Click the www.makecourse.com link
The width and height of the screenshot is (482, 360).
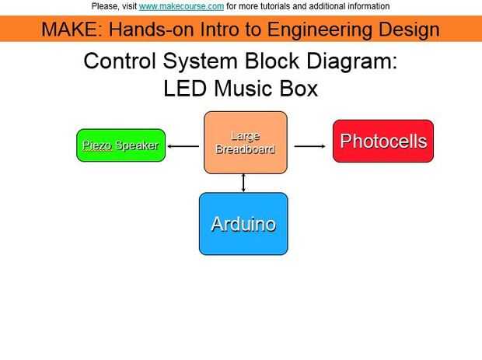[x=181, y=6]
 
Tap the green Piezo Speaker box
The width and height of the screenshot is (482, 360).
[x=120, y=145]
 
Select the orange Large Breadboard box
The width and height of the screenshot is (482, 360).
[x=245, y=142]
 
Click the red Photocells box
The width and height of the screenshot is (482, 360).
[x=382, y=141]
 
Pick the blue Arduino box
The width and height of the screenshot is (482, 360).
[x=243, y=224]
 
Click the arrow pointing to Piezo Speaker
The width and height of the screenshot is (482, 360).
[x=183, y=145]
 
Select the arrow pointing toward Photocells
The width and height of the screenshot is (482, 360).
[x=310, y=145]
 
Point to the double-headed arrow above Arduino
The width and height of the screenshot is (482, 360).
[x=243, y=183]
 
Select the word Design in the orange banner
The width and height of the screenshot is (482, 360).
[x=409, y=30]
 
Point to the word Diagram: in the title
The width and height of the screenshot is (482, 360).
[x=355, y=61]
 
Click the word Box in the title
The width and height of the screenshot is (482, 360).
[x=299, y=89]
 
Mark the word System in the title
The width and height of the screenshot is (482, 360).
[x=200, y=61]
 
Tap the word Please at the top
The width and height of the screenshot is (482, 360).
[x=105, y=6]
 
